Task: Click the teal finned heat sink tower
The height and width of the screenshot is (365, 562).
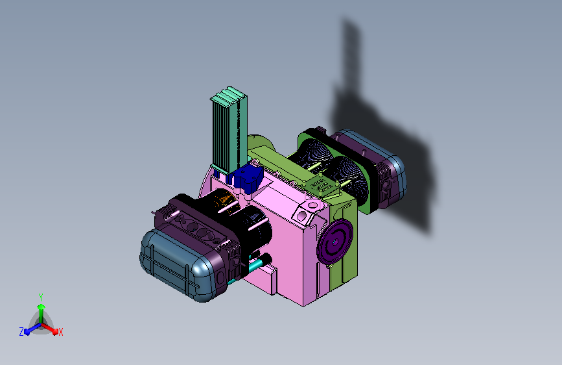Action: click(x=229, y=131)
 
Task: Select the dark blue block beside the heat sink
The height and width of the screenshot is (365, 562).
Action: click(x=248, y=177)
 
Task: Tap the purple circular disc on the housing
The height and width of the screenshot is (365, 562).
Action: click(x=334, y=242)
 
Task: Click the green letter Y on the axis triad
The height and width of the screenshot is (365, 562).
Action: click(x=41, y=297)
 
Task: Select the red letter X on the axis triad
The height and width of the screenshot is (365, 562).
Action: click(x=60, y=333)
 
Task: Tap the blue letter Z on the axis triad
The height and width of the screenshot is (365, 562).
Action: click(x=21, y=332)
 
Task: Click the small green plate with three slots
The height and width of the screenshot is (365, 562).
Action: click(x=321, y=185)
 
